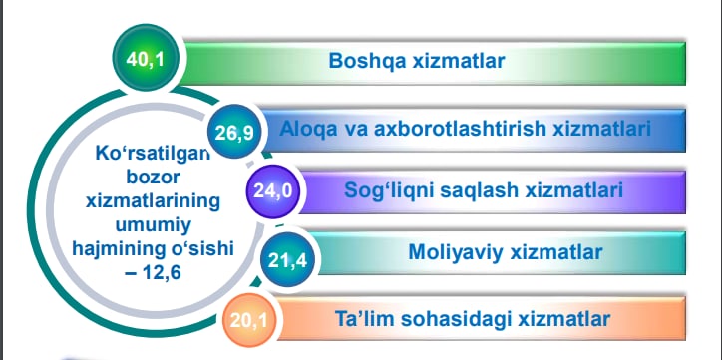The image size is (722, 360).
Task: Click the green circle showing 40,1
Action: tap(145, 59)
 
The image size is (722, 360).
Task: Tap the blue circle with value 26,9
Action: tap(234, 132)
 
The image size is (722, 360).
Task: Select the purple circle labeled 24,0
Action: tap(273, 190)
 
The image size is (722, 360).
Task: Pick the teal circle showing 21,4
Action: tap(287, 260)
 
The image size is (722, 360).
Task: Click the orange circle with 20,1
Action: tap(249, 320)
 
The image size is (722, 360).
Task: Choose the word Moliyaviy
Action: tap(455, 252)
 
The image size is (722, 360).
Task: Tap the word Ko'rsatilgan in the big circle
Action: tap(153, 153)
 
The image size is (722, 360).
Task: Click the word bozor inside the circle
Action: tap(152, 177)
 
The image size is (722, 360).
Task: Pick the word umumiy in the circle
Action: tap(154, 225)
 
